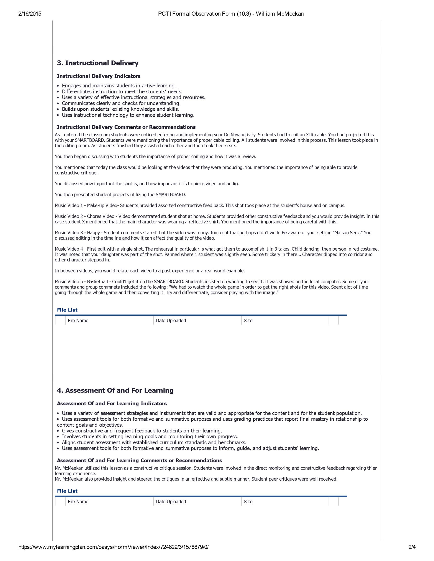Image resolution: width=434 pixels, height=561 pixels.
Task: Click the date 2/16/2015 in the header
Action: [30, 14]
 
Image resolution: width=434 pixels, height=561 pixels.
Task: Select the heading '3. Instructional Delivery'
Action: [98, 63]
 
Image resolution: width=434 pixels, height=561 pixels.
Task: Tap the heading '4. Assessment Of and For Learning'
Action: [115, 390]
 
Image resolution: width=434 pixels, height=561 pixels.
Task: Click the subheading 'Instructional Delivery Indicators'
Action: [99, 76]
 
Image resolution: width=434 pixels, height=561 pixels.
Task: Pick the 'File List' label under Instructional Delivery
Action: [67, 310]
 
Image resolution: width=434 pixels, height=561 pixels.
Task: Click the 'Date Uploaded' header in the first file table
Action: [171, 321]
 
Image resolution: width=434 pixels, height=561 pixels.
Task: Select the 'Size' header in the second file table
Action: [248, 501]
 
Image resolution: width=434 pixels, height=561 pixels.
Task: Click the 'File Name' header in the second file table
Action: [78, 501]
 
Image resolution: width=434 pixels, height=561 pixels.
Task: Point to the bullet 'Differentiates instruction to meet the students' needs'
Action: [122, 92]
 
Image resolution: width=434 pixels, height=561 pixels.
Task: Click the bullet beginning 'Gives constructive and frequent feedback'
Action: [142, 431]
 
